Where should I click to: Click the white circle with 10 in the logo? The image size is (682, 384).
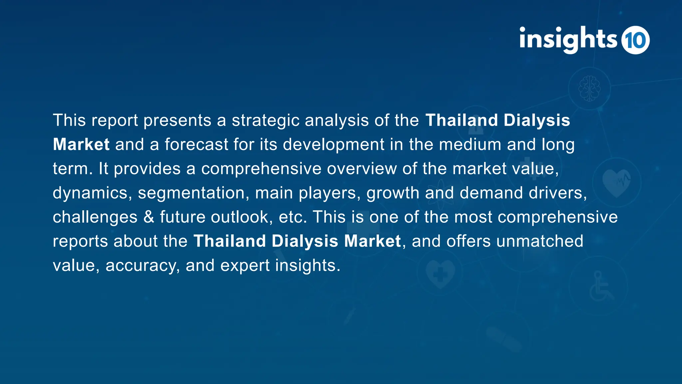point(635,40)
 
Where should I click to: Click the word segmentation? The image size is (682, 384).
point(191,193)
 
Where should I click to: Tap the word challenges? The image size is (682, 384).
point(95,217)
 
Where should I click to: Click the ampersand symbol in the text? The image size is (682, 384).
point(149,217)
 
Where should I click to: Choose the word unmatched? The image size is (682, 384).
point(539,241)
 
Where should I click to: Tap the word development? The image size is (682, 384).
point(334,145)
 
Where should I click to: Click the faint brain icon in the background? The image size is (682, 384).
point(589,88)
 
